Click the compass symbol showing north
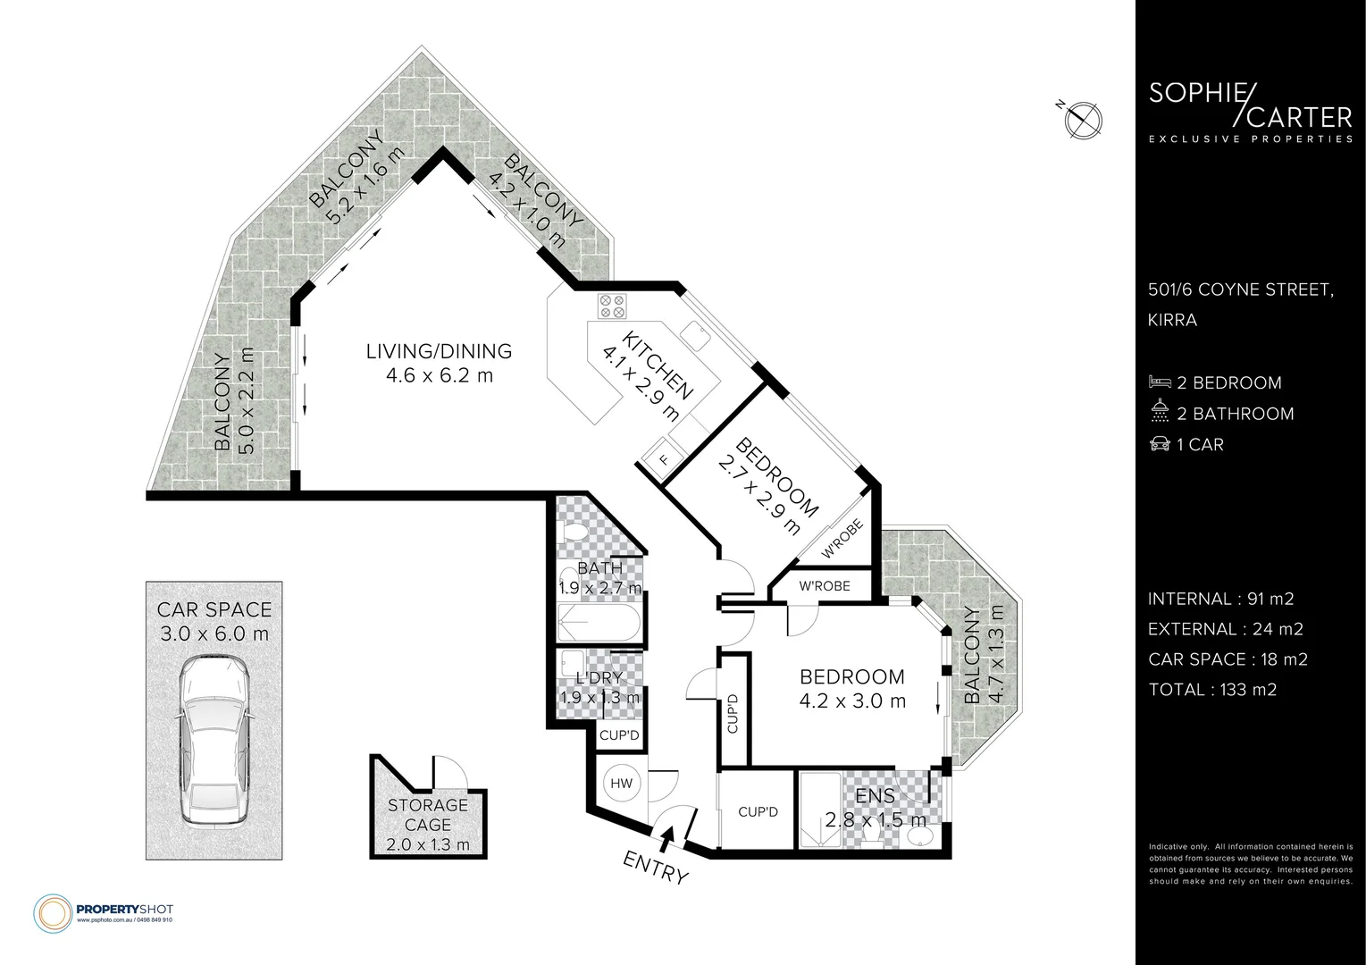point(1083,120)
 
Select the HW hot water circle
point(622,784)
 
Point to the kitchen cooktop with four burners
point(612,306)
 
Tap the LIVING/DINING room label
point(439,363)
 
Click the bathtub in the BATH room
point(599,622)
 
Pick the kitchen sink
point(695,335)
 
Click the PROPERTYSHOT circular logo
point(54,914)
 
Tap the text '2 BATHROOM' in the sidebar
point(1235,414)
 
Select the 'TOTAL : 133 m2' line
point(1212,690)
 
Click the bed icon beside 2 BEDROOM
point(1160,382)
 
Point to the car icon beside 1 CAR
point(1160,443)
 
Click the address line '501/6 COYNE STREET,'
point(1241,289)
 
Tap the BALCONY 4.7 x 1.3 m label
point(984,654)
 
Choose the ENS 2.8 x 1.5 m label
point(876,809)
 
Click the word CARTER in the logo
point(1300,118)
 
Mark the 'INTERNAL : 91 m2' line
point(1221,599)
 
